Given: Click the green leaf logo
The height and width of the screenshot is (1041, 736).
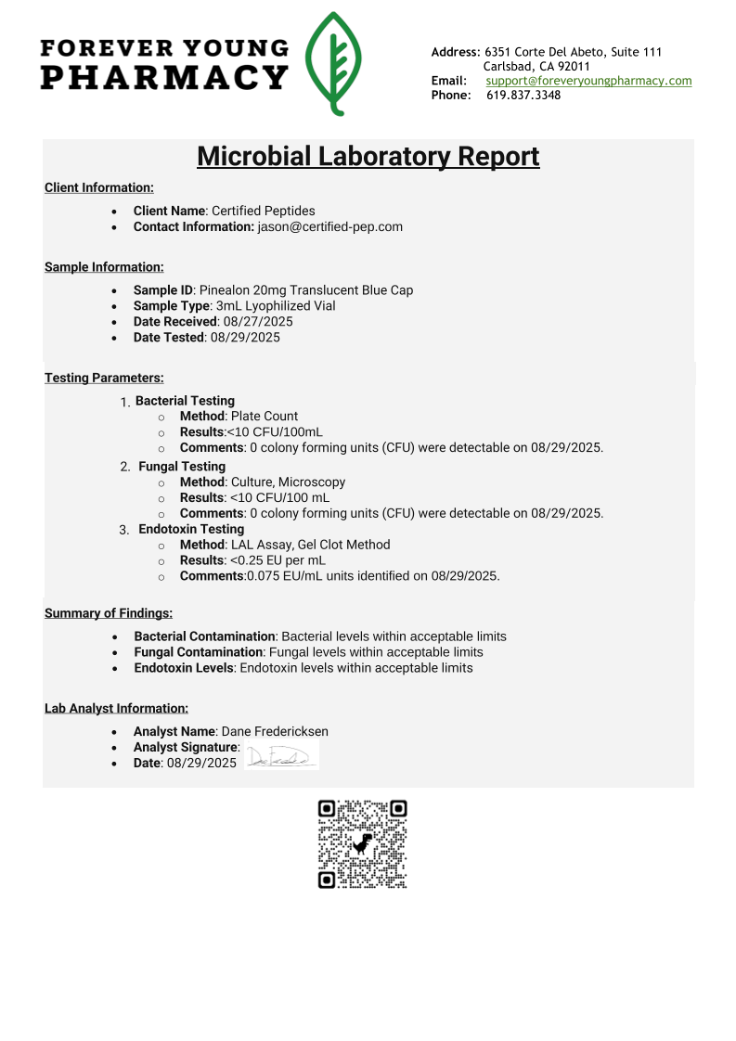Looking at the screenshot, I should (334, 63).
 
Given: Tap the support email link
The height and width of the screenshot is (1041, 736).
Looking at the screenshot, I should (588, 81).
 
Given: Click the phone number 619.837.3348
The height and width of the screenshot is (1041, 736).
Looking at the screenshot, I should (523, 95).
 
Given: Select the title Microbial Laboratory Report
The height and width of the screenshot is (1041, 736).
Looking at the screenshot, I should (368, 156).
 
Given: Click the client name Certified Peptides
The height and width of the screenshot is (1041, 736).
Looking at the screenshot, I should (264, 211).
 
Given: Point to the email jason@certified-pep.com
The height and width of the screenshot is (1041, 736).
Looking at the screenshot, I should (329, 226).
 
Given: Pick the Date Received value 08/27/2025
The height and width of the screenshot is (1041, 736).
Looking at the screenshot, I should (258, 322).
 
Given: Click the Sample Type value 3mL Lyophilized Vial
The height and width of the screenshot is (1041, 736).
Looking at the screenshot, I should (276, 306).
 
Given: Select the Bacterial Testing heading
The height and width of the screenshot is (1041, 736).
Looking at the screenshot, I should (185, 401).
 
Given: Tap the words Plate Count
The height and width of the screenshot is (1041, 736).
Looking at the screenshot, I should (265, 417).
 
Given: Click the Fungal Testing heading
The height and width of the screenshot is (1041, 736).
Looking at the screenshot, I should (182, 467).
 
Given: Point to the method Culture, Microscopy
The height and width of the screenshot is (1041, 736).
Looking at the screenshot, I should (288, 482).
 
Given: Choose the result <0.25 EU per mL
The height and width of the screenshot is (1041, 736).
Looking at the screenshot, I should (278, 560).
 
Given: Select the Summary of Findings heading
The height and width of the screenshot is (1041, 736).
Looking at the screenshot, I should (109, 613).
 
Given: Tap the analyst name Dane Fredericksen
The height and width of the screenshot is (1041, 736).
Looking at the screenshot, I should (275, 731).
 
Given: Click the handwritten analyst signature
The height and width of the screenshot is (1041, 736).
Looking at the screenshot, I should (280, 756).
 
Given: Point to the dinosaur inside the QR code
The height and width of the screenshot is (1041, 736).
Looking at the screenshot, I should (363, 843).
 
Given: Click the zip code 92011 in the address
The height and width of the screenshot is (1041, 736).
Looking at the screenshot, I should (574, 67).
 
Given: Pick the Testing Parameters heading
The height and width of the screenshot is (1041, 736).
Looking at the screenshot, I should (104, 378).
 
